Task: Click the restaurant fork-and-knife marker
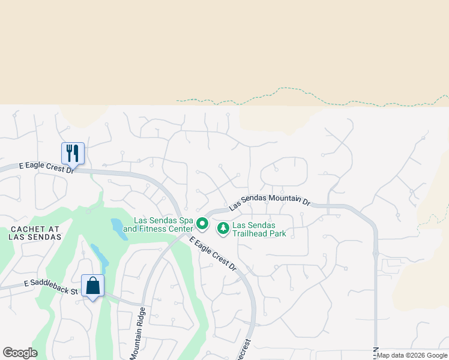73,152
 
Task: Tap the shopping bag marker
92,286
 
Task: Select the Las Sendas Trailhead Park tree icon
223,228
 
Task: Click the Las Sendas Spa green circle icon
202,225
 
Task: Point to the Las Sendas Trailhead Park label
259,229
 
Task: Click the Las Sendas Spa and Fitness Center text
158,225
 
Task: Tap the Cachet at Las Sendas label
35,233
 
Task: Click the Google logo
20,353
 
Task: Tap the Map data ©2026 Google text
412,355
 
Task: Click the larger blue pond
119,229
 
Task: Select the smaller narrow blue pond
100,256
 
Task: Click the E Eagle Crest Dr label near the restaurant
46,167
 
